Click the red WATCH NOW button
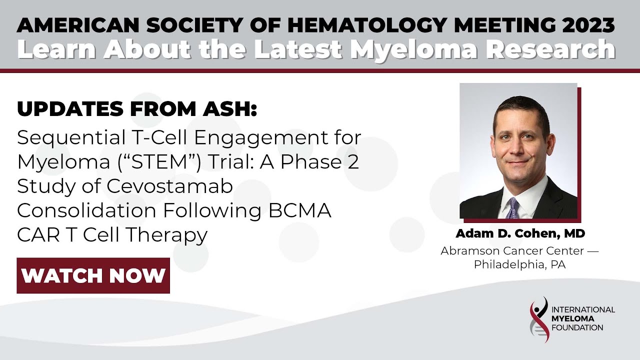pyautogui.click(x=93, y=275)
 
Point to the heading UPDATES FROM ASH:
pyautogui.click(x=136, y=109)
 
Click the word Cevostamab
pyautogui.click(x=170, y=186)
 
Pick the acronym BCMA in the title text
pyautogui.click(x=299, y=210)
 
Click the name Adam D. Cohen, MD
pyautogui.click(x=520, y=233)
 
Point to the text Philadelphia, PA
pyautogui.click(x=520, y=264)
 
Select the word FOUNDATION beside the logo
pyautogui.click(x=578, y=327)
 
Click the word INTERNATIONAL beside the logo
pyautogui.click(x=583, y=309)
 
